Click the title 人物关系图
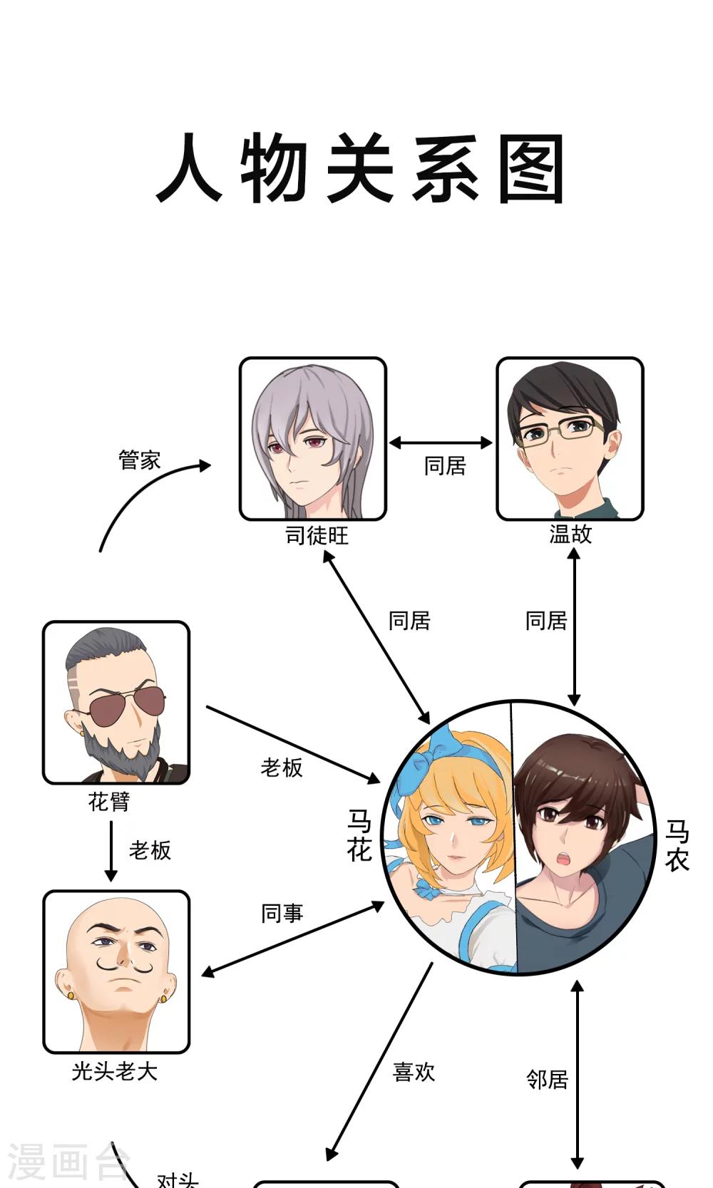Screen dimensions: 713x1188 point(359,168)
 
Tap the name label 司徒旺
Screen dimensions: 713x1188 point(317,536)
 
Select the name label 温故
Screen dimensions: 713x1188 point(570,534)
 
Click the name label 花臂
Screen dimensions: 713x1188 point(109,801)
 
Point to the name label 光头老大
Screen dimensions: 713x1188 point(115,1071)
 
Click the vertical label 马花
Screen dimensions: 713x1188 point(359,835)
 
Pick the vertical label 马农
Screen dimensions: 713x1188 point(677,845)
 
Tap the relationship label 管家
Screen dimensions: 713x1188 point(140,460)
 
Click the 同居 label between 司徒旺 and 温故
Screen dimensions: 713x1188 point(445,466)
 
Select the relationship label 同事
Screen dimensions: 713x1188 point(282,914)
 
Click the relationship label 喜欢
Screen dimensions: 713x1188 point(414,1072)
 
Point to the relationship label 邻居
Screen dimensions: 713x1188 point(547,1079)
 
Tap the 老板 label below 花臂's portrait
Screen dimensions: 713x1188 point(150,849)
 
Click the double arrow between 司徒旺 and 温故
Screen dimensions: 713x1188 point(441,443)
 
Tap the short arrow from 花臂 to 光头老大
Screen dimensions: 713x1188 point(111,851)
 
